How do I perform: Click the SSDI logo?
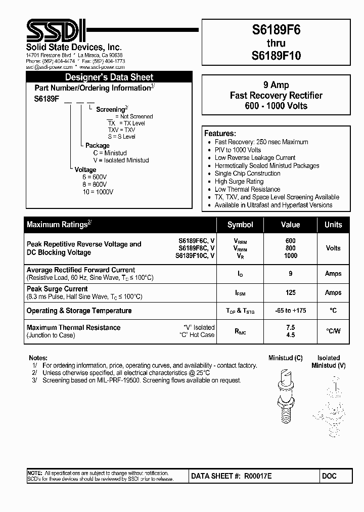tap(51, 31)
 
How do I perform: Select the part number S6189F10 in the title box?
tap(276, 56)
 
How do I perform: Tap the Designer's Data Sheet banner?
tap(109, 77)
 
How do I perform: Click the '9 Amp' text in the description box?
tap(276, 85)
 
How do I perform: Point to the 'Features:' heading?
tap(220, 134)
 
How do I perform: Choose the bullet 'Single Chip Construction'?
tap(247, 174)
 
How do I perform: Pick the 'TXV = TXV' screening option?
tap(121, 130)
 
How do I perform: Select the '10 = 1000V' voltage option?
tap(98, 192)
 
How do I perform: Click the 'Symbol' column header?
tap(240, 225)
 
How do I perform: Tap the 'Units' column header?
tap(333, 225)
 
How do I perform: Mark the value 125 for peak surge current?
tap(290, 292)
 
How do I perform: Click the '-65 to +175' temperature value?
tap(290, 311)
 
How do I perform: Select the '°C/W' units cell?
tap(333, 331)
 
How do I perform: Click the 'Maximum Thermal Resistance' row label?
tap(73, 327)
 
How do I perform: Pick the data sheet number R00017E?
tap(258, 476)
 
